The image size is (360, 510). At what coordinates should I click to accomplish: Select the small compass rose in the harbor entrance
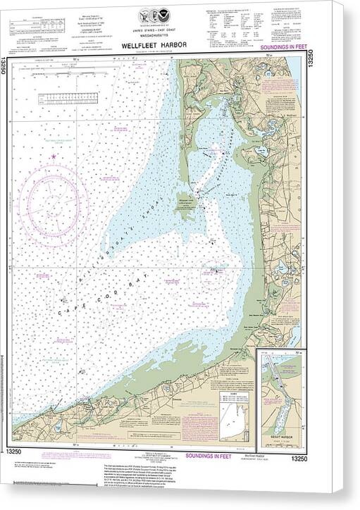coord(213,272)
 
